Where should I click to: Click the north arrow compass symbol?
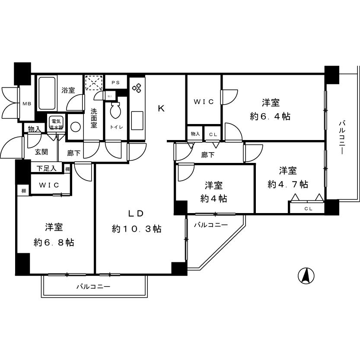[306, 275]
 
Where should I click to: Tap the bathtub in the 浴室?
[46, 93]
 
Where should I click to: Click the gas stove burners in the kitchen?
[137, 88]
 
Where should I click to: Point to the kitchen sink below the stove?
[137, 118]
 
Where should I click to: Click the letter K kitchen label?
[161, 108]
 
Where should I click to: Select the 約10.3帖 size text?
[137, 229]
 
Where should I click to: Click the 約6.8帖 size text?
[54, 242]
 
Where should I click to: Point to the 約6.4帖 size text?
[270, 116]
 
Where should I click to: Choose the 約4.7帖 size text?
[288, 184]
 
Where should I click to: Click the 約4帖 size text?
[213, 199]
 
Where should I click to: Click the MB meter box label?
[27, 104]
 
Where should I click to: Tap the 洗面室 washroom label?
[94, 118]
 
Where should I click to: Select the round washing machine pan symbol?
[75, 127]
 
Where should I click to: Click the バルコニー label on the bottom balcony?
[94, 287]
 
